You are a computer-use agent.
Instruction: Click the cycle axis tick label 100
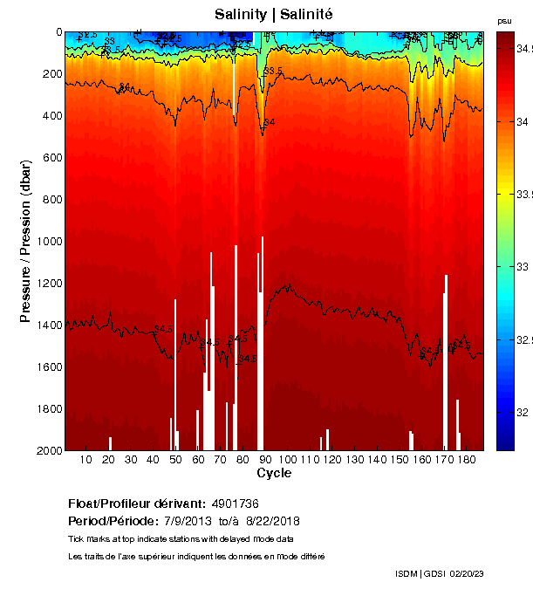click(286, 459)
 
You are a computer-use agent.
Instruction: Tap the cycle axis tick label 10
click(85, 459)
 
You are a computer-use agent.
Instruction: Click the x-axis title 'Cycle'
click(274, 473)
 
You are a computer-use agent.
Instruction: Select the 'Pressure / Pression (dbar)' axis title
click(25, 241)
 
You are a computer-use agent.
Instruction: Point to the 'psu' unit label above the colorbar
click(504, 20)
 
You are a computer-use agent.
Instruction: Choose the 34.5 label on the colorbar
click(523, 49)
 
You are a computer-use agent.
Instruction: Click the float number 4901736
click(235, 503)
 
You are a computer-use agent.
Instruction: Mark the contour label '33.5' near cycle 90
click(273, 71)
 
